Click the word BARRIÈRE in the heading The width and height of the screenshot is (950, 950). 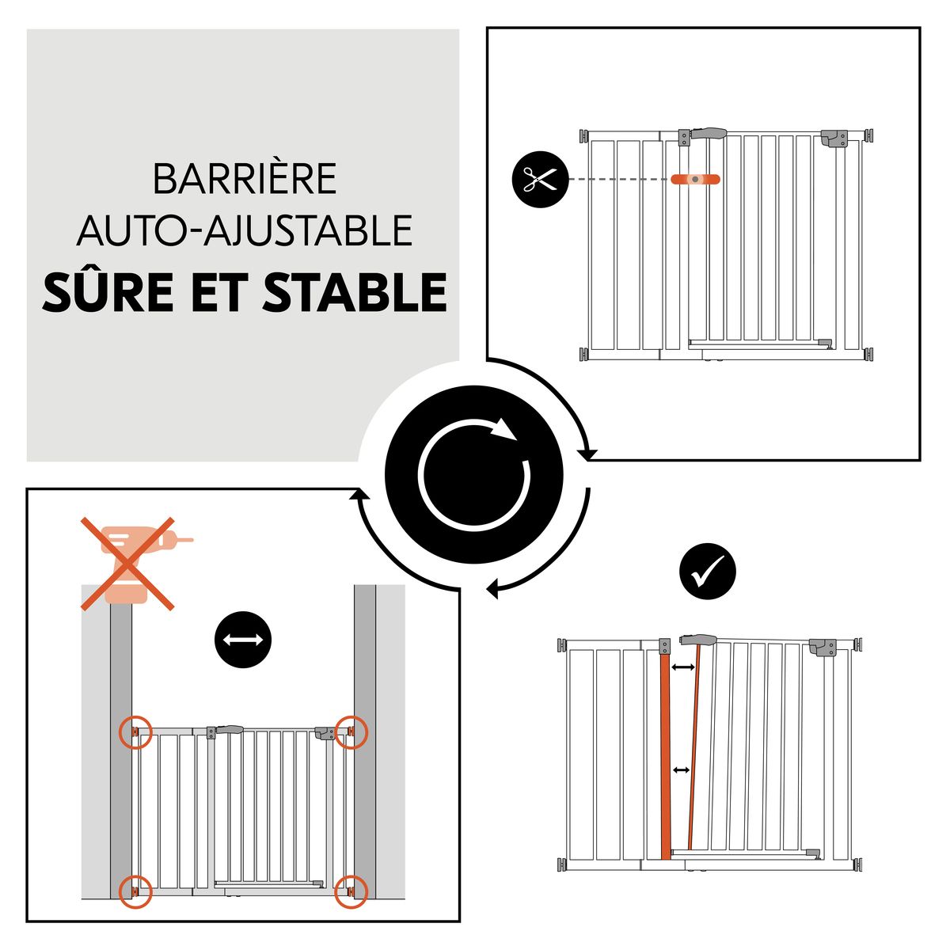245,180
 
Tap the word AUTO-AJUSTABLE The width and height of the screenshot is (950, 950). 245,230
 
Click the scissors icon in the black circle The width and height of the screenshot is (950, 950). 541,180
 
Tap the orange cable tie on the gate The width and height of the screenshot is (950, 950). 696,180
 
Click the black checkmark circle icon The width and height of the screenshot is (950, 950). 708,571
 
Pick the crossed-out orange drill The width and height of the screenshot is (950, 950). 128,563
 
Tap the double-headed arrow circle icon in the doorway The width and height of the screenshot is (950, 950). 243,640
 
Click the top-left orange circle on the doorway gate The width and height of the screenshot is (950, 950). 135,731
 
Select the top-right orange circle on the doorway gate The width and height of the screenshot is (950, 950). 351,731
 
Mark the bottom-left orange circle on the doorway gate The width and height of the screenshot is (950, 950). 135,891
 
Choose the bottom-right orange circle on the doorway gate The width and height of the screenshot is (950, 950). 351,891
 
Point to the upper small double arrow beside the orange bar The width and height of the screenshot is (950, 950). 682,668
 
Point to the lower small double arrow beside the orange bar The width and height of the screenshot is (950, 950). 680,769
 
